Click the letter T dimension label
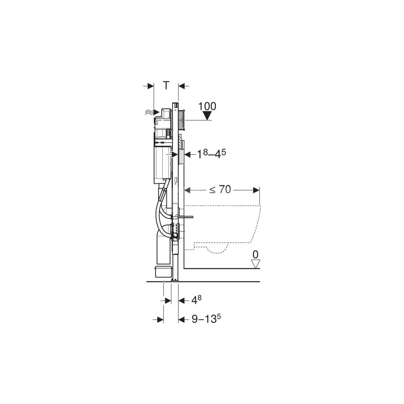click(167, 85)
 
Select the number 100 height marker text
click(207, 106)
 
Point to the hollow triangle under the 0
click(256, 264)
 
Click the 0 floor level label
click(255, 255)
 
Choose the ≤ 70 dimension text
click(220, 189)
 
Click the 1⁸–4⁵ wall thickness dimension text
click(211, 154)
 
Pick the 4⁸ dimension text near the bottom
click(196, 300)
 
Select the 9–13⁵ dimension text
click(206, 319)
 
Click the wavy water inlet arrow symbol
click(152, 112)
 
